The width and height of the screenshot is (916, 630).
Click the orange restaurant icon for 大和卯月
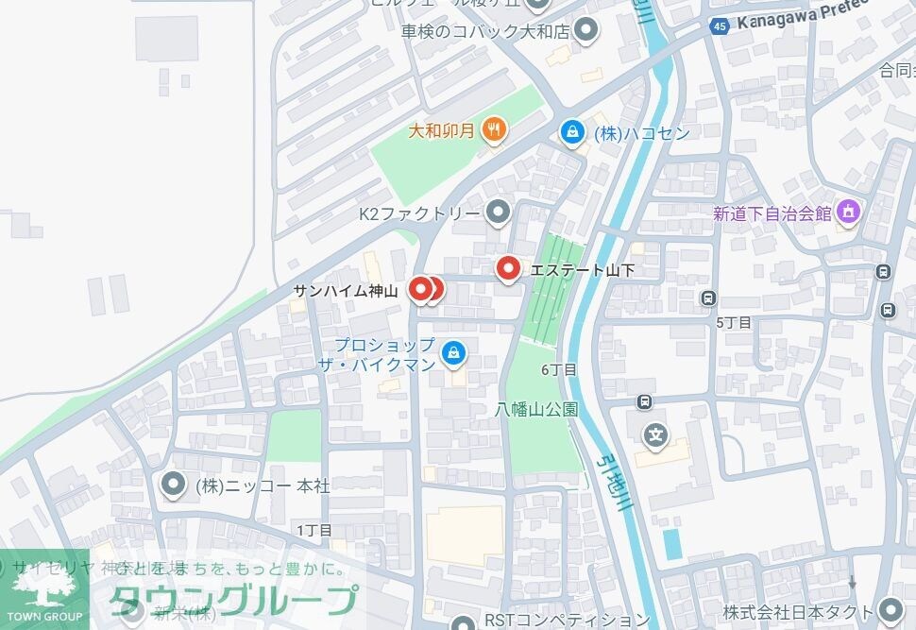(493, 129)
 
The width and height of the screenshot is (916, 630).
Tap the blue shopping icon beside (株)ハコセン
(571, 132)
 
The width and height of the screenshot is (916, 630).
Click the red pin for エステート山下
(509, 270)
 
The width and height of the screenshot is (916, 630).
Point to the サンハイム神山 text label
(346, 291)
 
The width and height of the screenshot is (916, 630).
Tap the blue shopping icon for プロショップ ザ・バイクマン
(454, 353)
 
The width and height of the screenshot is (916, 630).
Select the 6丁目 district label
(558, 369)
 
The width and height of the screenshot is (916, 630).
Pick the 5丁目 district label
(733, 322)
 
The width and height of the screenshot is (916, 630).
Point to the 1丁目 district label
(314, 530)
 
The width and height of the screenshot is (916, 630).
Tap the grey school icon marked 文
(655, 435)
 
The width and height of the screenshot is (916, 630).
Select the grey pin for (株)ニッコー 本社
(173, 485)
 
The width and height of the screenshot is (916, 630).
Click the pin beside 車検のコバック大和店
(586, 30)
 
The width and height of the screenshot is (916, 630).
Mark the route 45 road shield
(720, 26)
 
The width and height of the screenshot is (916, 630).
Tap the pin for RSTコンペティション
(463, 621)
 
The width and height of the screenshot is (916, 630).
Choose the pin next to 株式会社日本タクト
(889, 609)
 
